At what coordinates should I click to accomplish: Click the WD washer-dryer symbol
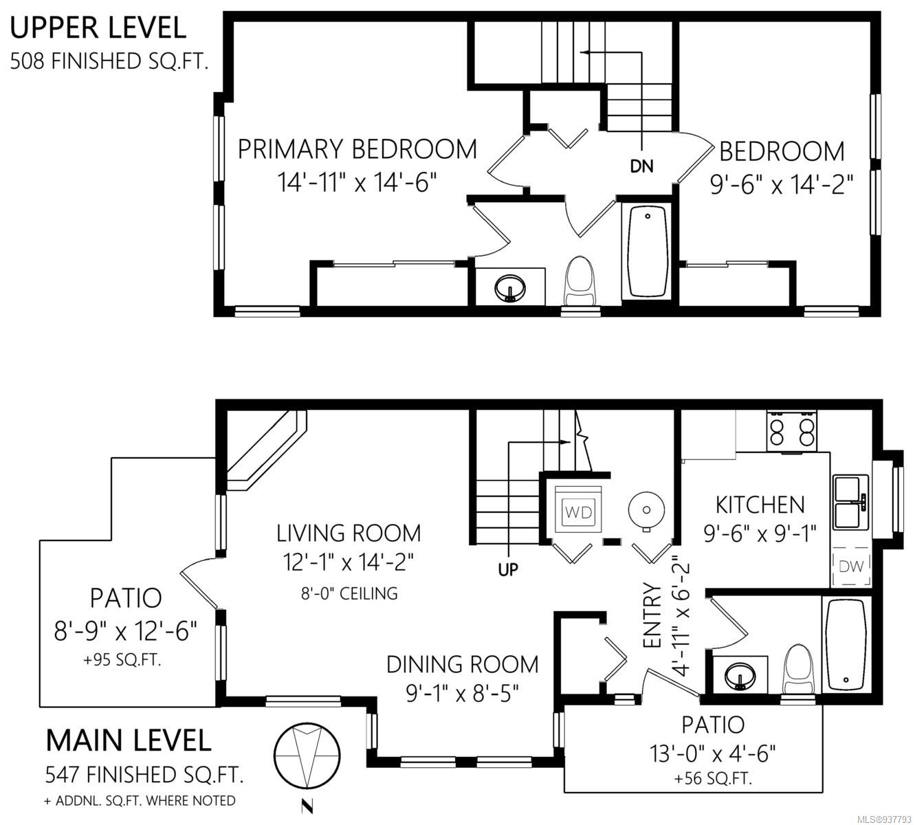click(578, 511)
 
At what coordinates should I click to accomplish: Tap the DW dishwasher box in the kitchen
click(851, 566)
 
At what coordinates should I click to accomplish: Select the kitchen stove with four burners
click(792, 432)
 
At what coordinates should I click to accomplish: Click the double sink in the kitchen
click(850, 502)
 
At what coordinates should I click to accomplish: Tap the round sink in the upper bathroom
click(510, 288)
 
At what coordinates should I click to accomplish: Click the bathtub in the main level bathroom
click(846, 645)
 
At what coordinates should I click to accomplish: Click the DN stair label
click(641, 166)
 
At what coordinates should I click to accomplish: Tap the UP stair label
click(508, 569)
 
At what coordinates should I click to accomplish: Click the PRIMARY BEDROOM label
click(357, 149)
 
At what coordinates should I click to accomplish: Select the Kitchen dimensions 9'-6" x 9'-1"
click(760, 533)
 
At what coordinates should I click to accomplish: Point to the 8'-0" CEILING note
click(349, 593)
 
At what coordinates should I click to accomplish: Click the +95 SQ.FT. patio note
click(122, 660)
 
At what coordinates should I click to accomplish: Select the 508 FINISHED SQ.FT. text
click(109, 60)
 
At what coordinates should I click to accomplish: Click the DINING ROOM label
click(463, 664)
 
